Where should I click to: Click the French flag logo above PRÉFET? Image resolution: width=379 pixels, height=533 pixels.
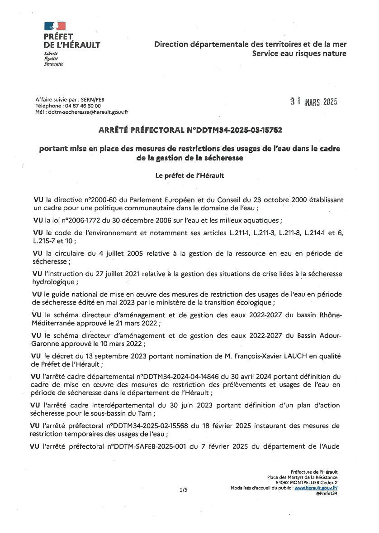pos(55,26)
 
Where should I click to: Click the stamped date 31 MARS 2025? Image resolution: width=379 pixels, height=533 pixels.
pos(314,102)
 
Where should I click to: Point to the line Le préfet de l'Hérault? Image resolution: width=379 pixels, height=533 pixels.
pos(189,175)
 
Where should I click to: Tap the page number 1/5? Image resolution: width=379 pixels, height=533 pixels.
pos(183,489)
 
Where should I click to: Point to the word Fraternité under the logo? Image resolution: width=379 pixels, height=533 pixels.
pos(53,64)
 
